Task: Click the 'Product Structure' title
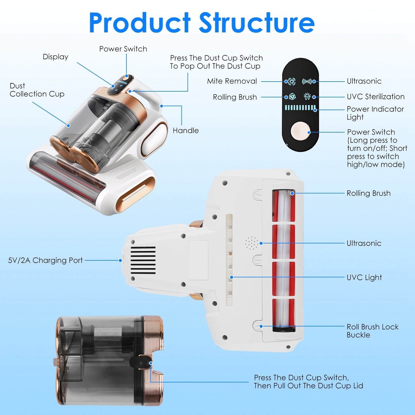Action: pos(202,23)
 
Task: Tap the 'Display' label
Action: pos(55,57)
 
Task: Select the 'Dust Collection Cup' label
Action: pos(37,90)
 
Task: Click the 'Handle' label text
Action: pos(186,131)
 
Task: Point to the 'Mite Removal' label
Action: pos(232,81)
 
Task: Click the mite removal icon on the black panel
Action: pos(292,82)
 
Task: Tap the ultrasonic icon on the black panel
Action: pos(307,82)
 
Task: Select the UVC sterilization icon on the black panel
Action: pos(307,97)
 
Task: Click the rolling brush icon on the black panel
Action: pos(292,97)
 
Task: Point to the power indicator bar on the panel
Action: pos(300,108)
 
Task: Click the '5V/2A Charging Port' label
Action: pos(45,260)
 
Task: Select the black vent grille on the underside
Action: pos(143,260)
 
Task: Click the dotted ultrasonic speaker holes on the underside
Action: pos(252,243)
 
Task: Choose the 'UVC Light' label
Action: pos(364,277)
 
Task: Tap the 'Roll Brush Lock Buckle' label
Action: pos(372,331)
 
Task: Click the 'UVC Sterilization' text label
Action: pos(375,97)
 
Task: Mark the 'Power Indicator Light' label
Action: pos(375,113)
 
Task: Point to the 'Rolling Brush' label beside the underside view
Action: pos(368,193)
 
